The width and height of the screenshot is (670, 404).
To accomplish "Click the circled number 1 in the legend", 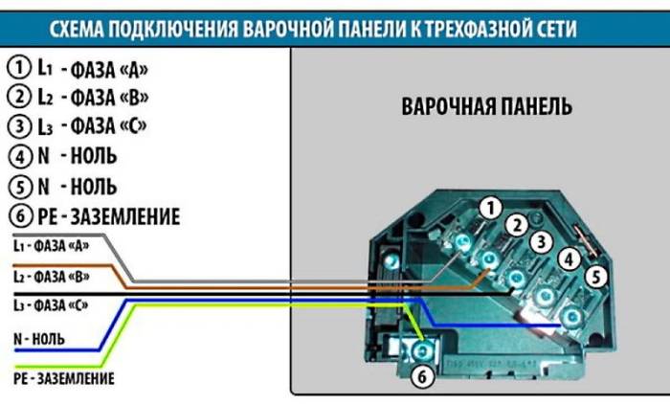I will coord(18,67).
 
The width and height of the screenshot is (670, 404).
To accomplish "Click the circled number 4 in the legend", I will coord(18,155).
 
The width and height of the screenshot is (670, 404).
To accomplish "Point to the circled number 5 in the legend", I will coord(18,185).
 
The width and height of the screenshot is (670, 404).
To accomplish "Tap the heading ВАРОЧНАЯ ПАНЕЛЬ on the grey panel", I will coord(486,106).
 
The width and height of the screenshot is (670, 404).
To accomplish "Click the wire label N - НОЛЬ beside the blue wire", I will coord(38,339).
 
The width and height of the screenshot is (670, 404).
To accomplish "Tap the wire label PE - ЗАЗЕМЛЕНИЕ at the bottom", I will coord(64,379).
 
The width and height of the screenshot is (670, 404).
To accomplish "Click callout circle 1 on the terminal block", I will coord(491,208).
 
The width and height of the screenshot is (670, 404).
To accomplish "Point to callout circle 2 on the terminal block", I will coord(518,225).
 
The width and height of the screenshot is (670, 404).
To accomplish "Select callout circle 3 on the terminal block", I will coord(542,242).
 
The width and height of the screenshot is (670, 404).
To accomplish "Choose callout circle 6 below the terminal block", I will coord(420,377).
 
